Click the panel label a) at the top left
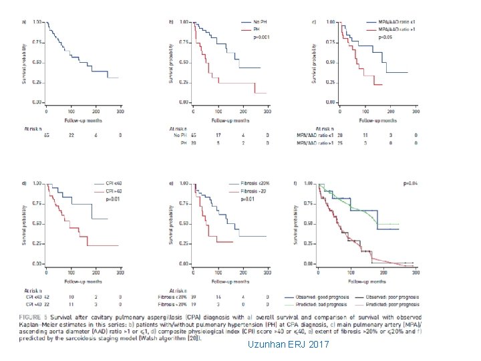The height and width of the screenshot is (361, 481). tap(25, 23)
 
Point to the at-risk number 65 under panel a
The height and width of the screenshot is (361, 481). tap(46, 136)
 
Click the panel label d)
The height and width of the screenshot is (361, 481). tap(25, 183)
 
